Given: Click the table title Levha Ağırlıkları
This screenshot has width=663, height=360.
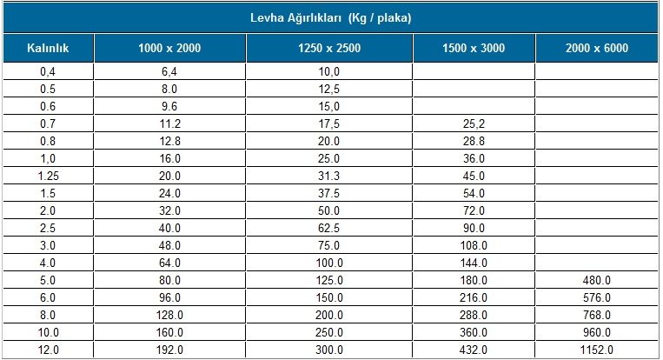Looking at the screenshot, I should (x=331, y=17).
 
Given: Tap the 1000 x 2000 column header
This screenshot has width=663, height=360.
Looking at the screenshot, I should (x=169, y=48).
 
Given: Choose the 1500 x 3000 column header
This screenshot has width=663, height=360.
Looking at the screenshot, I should (x=474, y=48).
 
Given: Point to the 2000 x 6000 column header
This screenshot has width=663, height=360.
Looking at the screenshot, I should (x=597, y=48).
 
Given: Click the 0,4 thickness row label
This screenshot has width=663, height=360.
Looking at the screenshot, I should (x=48, y=71).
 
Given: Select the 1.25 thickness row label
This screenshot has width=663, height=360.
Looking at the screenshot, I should (x=48, y=176).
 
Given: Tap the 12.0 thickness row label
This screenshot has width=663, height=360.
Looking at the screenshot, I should (x=48, y=350).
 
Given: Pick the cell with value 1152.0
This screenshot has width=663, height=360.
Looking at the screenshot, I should (x=597, y=350).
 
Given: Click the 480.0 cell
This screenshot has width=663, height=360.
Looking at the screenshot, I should (x=597, y=280).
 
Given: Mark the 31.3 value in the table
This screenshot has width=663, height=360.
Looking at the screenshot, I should (x=329, y=176).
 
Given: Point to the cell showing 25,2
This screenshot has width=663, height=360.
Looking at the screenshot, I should (x=474, y=123).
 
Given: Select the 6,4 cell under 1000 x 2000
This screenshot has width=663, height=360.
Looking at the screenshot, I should (x=169, y=71).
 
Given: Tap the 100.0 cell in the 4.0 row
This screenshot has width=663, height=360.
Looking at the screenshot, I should (x=329, y=263).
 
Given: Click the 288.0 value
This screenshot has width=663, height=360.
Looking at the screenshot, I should (x=474, y=315).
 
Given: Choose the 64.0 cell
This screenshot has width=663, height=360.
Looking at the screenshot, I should (x=169, y=263).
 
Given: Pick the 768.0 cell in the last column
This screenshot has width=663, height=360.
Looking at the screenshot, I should (x=597, y=315).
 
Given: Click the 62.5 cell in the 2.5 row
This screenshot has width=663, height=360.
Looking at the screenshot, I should (x=329, y=228).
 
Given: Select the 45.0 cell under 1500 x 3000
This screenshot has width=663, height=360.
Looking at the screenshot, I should (x=474, y=176).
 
